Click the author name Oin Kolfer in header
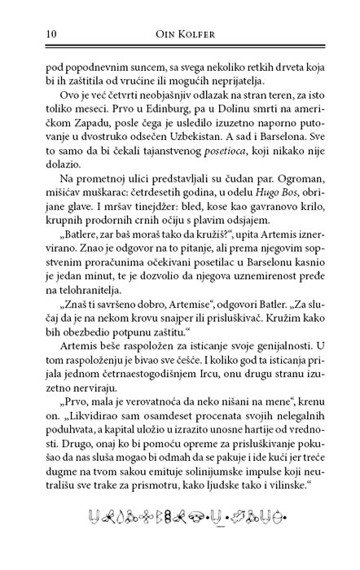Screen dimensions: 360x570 (x=179, y=33)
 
